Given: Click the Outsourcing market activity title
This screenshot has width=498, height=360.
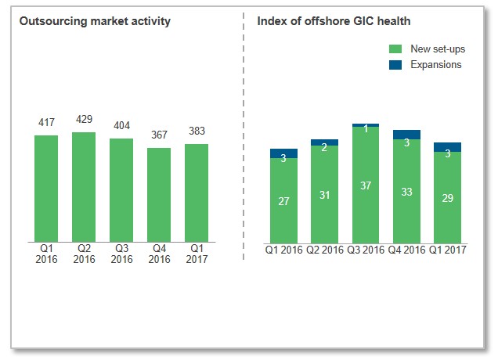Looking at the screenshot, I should (x=95, y=21).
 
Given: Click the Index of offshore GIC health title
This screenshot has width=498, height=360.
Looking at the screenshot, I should (x=334, y=21).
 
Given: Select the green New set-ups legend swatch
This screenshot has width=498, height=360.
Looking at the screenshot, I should (x=396, y=49).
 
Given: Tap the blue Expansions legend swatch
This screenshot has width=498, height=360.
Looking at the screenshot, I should (x=396, y=65).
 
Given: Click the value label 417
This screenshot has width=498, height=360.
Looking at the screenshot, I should (x=46, y=123).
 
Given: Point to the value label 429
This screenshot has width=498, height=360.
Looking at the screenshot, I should (x=84, y=120).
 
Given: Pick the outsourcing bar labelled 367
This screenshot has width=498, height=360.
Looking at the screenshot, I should (x=159, y=195).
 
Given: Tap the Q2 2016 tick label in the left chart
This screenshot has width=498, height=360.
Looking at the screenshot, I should (x=84, y=254).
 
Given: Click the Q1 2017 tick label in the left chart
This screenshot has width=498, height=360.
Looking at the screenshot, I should (x=197, y=254).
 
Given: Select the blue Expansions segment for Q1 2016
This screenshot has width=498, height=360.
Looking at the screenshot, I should (x=284, y=153).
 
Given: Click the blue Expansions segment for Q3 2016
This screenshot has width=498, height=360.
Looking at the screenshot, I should (x=366, y=125).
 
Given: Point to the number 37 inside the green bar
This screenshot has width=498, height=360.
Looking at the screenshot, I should (x=366, y=185).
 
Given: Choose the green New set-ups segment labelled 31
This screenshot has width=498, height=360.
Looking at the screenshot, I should (x=325, y=193).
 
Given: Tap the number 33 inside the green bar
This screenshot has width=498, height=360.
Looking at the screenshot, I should (x=406, y=192).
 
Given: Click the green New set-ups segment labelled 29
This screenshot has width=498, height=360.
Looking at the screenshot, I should (x=447, y=196).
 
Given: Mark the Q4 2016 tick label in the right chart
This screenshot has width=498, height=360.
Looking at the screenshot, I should (x=406, y=250).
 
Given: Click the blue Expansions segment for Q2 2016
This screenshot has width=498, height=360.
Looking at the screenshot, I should (x=325, y=142).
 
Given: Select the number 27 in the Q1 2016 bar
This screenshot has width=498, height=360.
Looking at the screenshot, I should (x=284, y=201).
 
